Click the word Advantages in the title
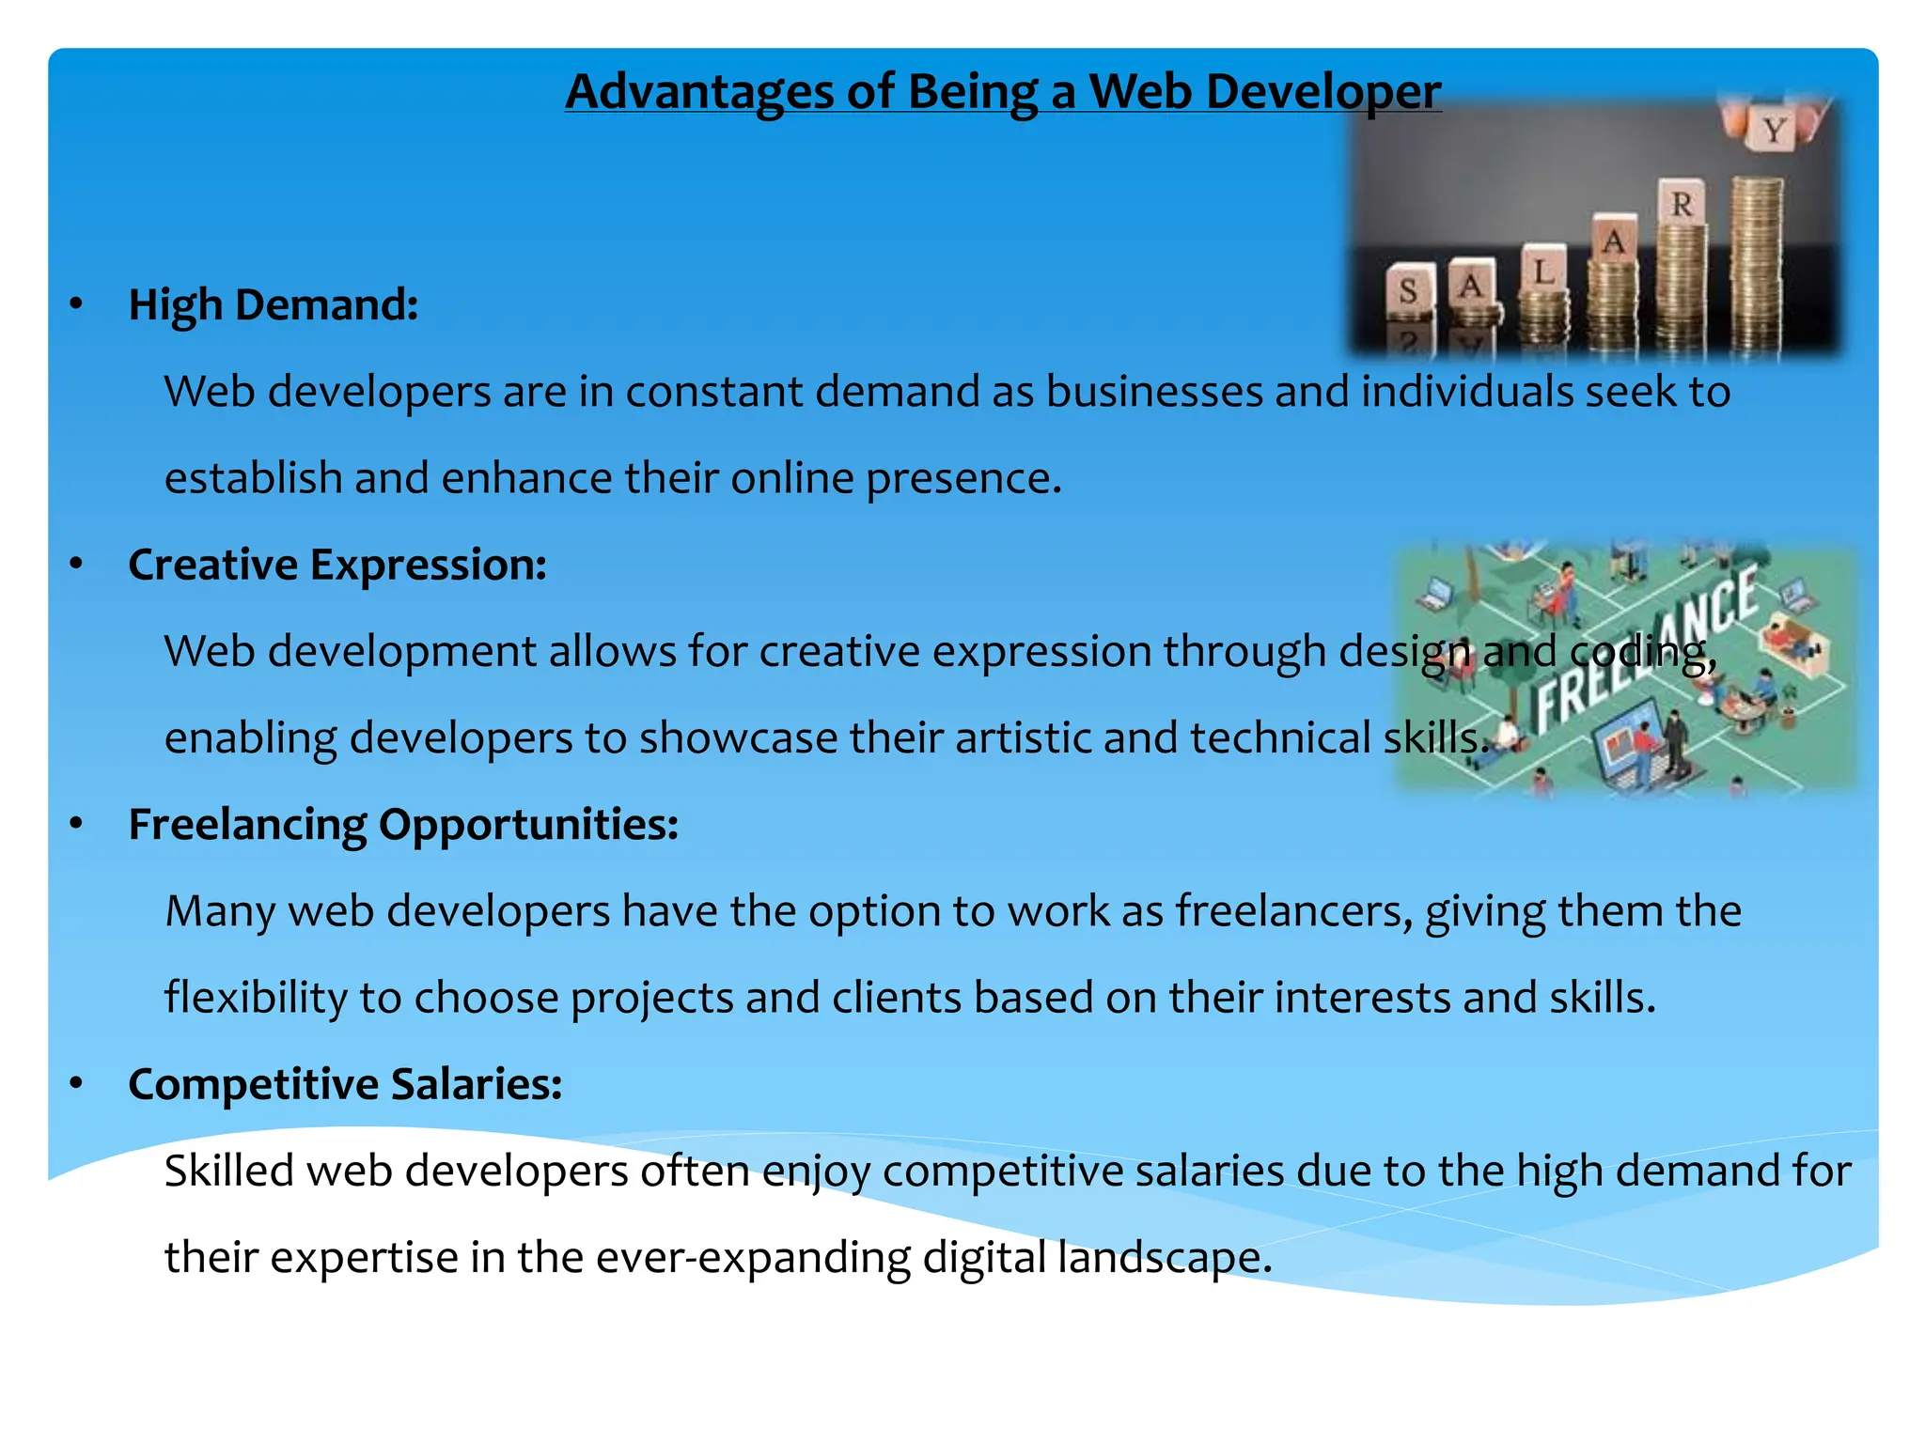tap(699, 93)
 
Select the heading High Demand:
tap(273, 305)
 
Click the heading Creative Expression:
tap(336, 566)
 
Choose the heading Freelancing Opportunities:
tap(402, 825)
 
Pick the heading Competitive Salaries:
tap(344, 1084)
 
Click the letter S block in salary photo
tap(1408, 290)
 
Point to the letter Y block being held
tap(1773, 129)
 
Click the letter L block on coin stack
tap(1544, 272)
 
